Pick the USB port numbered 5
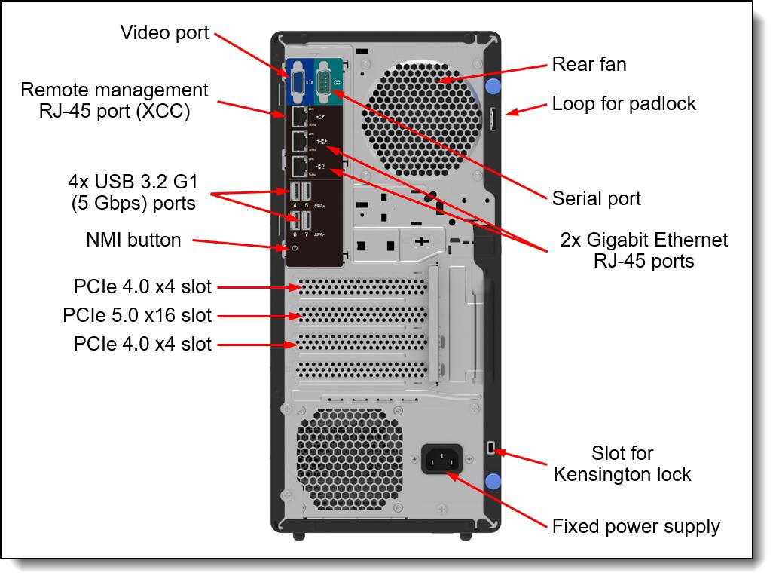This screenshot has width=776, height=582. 306,191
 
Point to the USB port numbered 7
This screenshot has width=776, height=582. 306,221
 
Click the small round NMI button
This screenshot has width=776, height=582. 295,247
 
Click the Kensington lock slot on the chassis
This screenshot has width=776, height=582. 491,449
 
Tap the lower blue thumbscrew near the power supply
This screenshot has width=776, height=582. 493,481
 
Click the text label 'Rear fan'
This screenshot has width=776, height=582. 588,64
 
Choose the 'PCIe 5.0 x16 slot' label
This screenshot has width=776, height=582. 137,315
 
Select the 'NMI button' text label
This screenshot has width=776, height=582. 133,240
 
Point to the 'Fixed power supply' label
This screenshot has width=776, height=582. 636,526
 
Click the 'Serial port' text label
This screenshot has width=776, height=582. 596,198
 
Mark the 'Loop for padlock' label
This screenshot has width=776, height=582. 624,103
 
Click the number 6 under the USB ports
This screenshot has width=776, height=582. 295,234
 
